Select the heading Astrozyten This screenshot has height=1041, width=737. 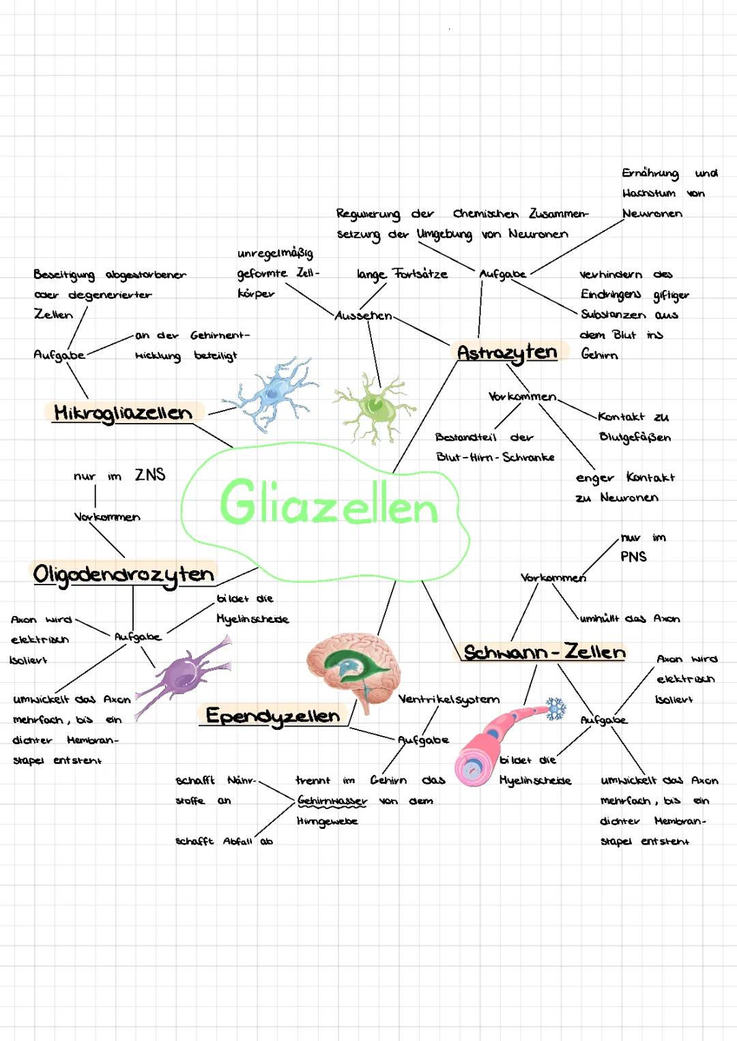tap(507, 353)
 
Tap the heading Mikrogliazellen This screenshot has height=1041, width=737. tap(123, 413)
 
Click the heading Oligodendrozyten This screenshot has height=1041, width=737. tap(124, 574)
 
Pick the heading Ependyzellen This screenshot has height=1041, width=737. tap(273, 716)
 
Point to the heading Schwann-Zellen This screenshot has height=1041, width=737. tap(544, 652)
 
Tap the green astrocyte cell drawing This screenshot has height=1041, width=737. tap(373, 407)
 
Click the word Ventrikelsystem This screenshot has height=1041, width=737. tap(449, 699)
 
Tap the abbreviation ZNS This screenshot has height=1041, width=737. tap(150, 475)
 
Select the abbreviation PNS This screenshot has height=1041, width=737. tap(633, 557)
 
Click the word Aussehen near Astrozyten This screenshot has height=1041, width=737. tap(363, 316)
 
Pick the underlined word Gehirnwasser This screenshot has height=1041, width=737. tap(332, 800)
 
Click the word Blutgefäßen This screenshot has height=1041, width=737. tap(635, 437)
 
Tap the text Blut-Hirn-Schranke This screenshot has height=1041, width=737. tap(495, 457)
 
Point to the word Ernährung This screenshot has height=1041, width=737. tap(650, 173)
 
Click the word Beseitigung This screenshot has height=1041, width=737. tap(65, 275)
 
